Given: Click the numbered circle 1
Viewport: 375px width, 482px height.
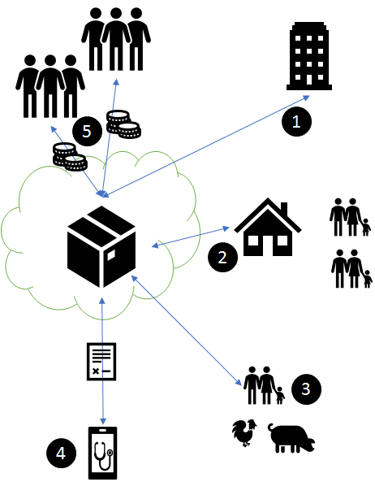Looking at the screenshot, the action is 296,121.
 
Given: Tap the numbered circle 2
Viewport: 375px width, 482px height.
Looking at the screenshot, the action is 222,257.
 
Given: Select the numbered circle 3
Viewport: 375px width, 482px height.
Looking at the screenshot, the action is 306,389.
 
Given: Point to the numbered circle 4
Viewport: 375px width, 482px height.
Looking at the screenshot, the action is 61,453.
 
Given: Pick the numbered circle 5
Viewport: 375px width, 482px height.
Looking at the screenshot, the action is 87,131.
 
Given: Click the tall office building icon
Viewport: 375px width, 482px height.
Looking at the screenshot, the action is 309,56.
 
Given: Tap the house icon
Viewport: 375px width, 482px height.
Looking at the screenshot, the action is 268,227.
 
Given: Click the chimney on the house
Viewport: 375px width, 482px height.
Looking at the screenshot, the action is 284,209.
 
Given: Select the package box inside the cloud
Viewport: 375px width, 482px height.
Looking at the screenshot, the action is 101,246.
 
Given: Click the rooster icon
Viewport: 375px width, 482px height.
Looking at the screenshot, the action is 244,432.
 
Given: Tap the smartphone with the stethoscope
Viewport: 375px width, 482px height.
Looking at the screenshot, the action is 102,453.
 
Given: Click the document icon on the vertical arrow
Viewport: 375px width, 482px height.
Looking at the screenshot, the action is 101,362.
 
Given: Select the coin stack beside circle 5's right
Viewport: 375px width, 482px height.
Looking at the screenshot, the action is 123,124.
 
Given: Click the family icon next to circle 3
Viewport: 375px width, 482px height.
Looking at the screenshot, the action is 264,385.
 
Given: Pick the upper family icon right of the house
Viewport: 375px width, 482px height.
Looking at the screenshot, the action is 350,217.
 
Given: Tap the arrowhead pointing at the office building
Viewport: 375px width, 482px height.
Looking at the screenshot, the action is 307,98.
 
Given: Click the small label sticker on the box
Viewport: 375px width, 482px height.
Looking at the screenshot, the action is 110,255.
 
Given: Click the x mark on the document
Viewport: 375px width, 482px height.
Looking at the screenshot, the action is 96,371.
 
